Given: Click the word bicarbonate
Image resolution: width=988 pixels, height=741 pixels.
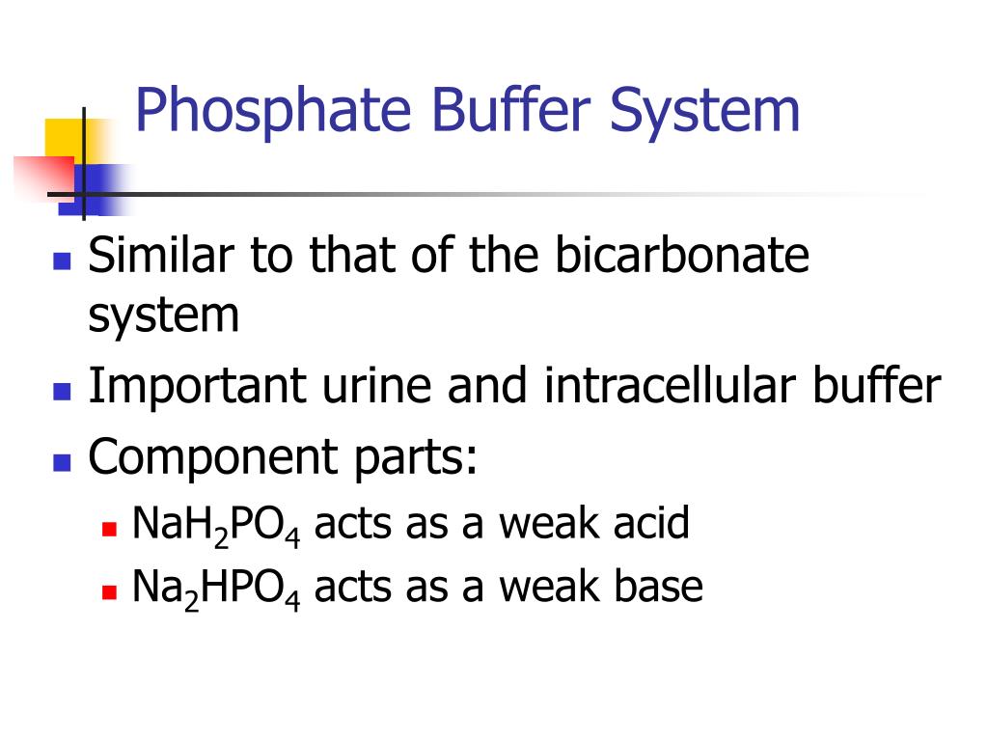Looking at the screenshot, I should [x=682, y=257].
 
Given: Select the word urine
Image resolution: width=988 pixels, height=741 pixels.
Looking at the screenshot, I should [x=364, y=387].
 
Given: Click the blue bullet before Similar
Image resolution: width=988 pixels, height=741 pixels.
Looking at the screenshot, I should [x=63, y=261].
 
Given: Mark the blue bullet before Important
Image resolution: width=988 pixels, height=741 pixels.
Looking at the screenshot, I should [x=63, y=392].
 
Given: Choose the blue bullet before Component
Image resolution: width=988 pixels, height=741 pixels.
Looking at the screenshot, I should [x=63, y=461].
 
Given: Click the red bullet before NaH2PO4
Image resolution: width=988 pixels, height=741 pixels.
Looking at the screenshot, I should [x=109, y=529].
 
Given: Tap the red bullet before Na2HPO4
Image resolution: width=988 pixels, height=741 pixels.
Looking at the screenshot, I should [x=109, y=591].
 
